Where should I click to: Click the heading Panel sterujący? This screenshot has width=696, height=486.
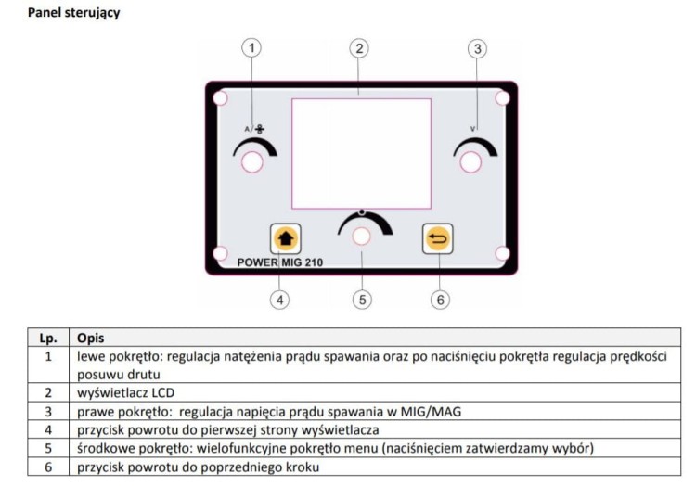(x=73, y=13)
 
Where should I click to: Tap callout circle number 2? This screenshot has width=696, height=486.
(x=360, y=46)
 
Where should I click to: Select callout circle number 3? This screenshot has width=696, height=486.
(x=476, y=47)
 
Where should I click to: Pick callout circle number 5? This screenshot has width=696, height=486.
(x=361, y=299)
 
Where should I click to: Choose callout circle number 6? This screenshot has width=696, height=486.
(x=440, y=299)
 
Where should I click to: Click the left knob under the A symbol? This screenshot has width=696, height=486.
(x=251, y=163)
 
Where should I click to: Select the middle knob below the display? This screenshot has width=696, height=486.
(x=361, y=237)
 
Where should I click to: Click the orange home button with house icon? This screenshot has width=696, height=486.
(x=282, y=238)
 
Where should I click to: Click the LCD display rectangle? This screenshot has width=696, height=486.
(x=361, y=153)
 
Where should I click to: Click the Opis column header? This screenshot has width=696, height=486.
(x=91, y=339)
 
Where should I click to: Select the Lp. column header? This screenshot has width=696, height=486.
(x=47, y=339)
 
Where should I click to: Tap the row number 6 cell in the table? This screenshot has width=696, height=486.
(x=47, y=466)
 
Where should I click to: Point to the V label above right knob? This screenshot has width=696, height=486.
(x=474, y=128)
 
